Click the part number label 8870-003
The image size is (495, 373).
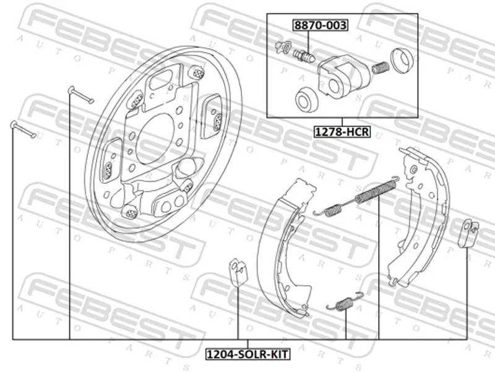(x=320, y=25)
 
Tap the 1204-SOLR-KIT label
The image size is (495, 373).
(x=247, y=355)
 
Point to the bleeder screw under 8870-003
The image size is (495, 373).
(x=304, y=55)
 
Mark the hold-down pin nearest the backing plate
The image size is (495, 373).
(x=81, y=94)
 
